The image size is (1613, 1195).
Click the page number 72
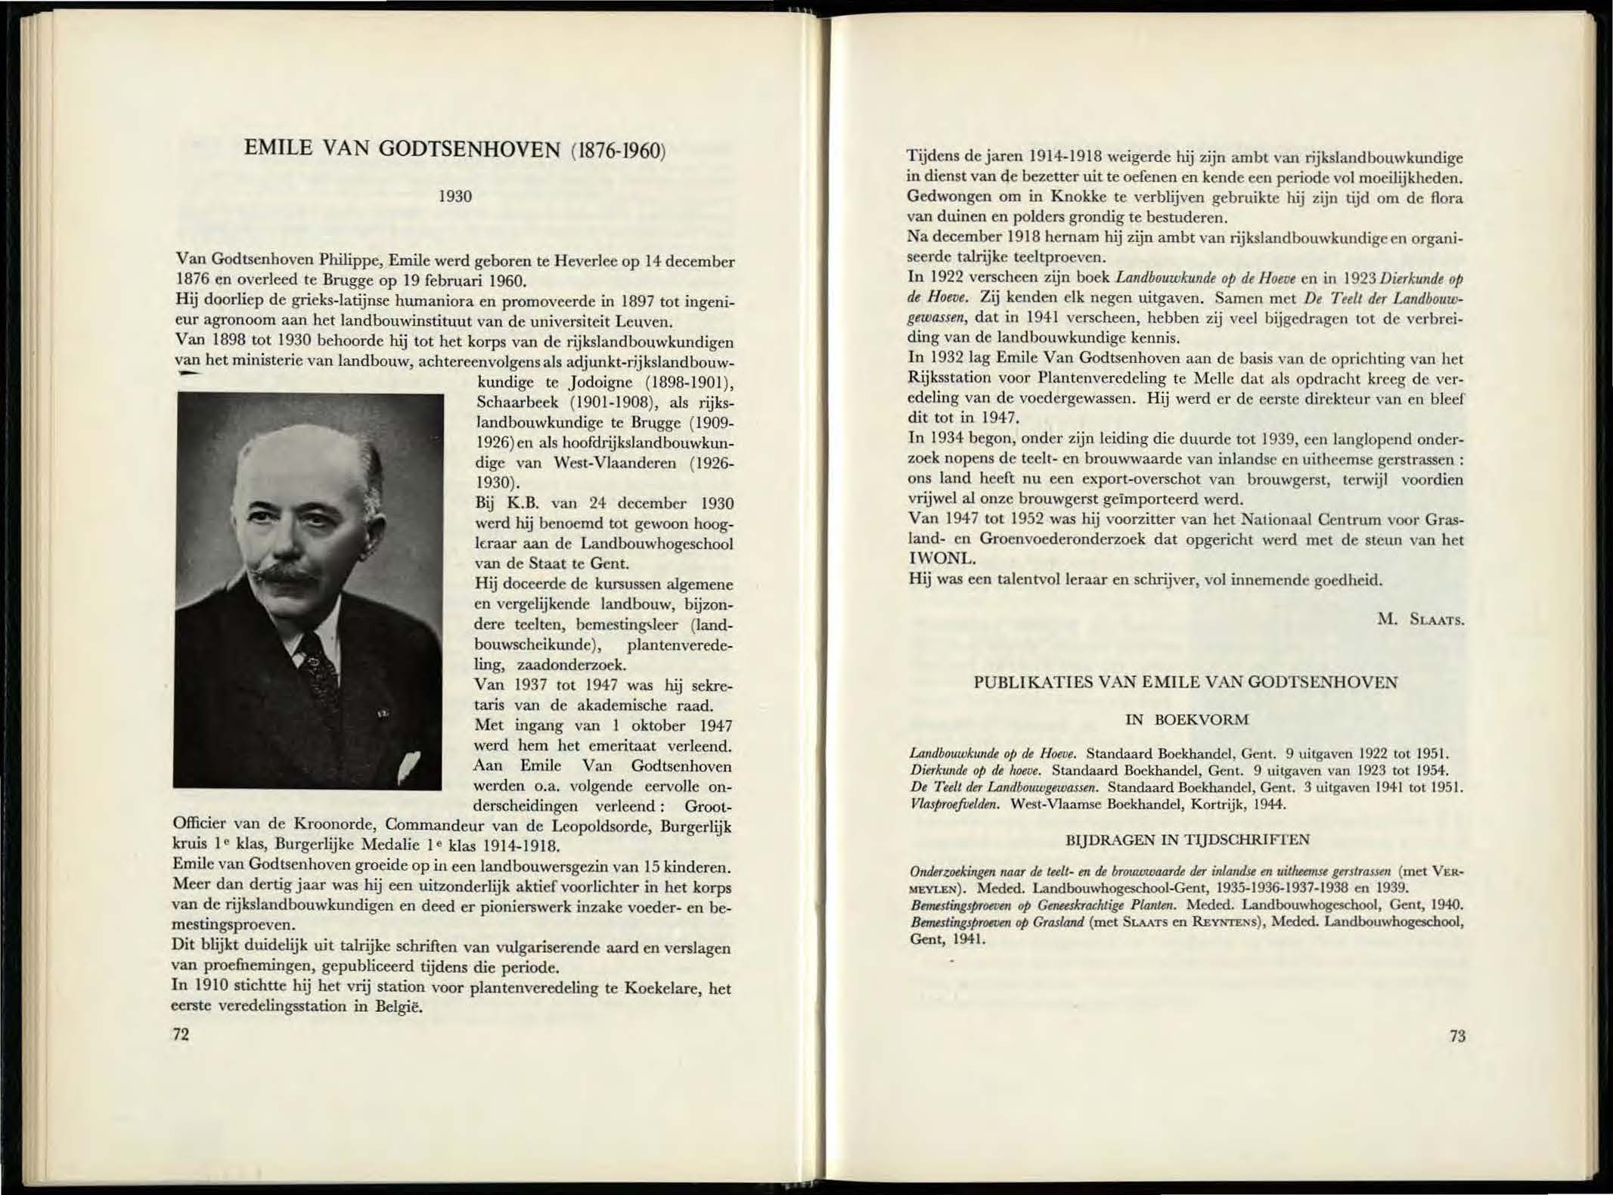(181, 1035)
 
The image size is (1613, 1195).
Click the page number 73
(1457, 1036)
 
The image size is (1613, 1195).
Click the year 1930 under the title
(455, 197)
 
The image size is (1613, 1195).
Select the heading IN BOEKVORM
(1186, 719)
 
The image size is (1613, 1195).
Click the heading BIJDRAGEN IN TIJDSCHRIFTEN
(1186, 840)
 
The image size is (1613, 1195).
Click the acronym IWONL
(941, 560)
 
